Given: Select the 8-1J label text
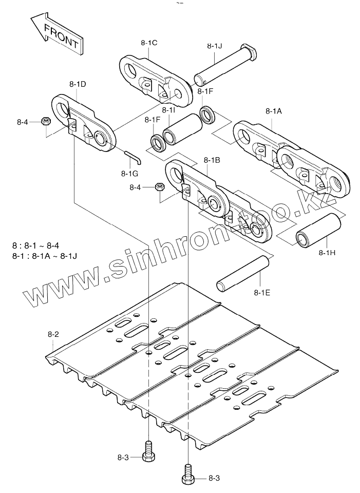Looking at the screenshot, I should [215, 46].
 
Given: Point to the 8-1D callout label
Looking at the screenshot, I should [78, 83].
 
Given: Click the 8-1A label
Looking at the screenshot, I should [274, 111].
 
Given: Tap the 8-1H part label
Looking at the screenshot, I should [327, 253].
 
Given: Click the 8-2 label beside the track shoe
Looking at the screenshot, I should [53, 334].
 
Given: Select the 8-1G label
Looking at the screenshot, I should [130, 173].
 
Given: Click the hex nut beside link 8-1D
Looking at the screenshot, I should [45, 121].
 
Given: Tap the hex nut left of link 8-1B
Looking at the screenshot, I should [159, 187].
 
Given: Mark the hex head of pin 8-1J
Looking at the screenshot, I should [250, 51].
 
